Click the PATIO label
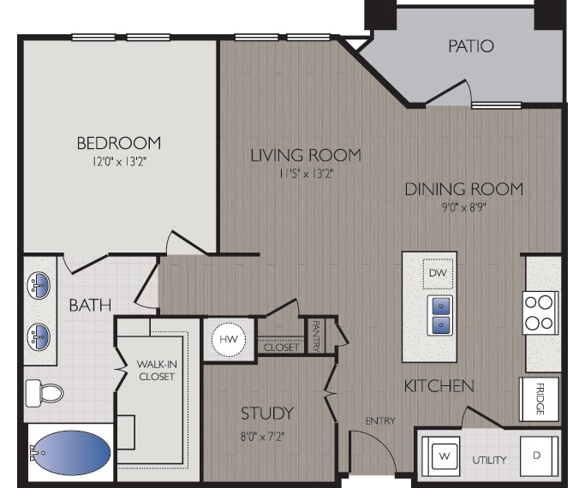coord(470,45)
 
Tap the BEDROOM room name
coord(118,143)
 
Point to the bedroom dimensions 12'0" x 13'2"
coord(118,161)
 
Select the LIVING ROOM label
coord(305,155)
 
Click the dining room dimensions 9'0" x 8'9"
coord(463,206)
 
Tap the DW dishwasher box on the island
coord(437,274)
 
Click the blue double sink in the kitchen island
coord(439,314)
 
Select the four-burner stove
coord(540,312)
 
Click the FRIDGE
coord(540,399)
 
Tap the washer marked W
coord(444,456)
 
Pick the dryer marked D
coord(537,455)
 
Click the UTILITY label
coord(489,460)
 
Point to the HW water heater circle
coord(229,339)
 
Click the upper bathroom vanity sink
coord(39,283)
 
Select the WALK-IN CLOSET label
coord(156,370)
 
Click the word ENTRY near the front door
coord(379,420)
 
